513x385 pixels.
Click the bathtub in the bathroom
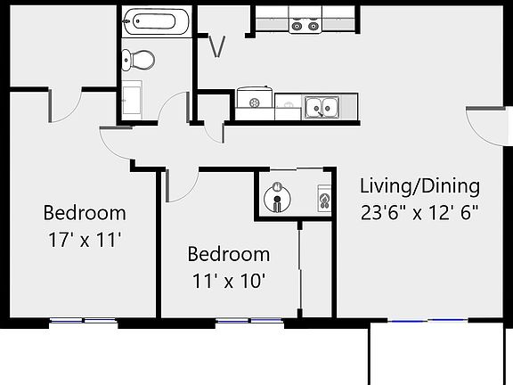click(x=157, y=21)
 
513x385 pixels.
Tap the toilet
click(x=139, y=60)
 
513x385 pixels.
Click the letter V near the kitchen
click(x=216, y=45)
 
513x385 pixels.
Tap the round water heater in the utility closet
click(x=278, y=194)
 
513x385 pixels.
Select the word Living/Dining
click(x=419, y=186)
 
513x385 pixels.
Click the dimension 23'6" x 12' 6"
click(x=419, y=213)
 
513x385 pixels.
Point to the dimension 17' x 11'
click(x=85, y=239)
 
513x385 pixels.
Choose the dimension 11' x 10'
click(x=228, y=280)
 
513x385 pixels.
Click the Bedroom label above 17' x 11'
click(x=85, y=213)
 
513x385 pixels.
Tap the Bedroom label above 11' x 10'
click(x=228, y=255)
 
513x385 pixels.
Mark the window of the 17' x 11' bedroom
click(x=84, y=321)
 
